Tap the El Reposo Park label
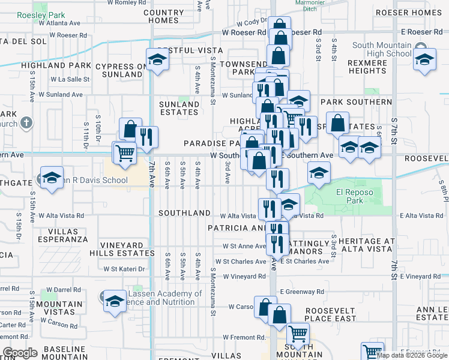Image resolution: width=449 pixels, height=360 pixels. [x=350, y=196]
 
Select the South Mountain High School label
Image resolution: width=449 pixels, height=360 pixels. [x=382, y=49]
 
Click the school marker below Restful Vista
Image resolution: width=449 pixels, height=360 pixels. [x=157, y=60]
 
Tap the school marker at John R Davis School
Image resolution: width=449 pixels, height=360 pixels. [x=52, y=178]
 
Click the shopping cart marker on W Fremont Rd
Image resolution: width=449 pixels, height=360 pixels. [x=298, y=334]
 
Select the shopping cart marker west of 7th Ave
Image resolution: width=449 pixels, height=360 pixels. [x=124, y=153]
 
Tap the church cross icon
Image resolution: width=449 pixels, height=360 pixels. [x=26, y=123]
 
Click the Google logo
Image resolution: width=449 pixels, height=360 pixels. [x=20, y=353]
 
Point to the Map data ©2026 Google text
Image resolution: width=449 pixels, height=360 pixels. [x=412, y=355]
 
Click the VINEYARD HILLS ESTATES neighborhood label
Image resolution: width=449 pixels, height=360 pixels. [x=127, y=250]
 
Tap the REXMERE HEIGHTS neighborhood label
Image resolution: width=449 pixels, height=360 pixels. [x=367, y=67]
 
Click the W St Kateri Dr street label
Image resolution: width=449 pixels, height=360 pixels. [x=125, y=269]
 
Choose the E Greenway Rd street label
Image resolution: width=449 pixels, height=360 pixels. [x=302, y=292]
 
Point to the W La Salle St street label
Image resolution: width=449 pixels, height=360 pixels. [x=70, y=79]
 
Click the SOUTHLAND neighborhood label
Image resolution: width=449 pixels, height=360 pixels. [x=184, y=213]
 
